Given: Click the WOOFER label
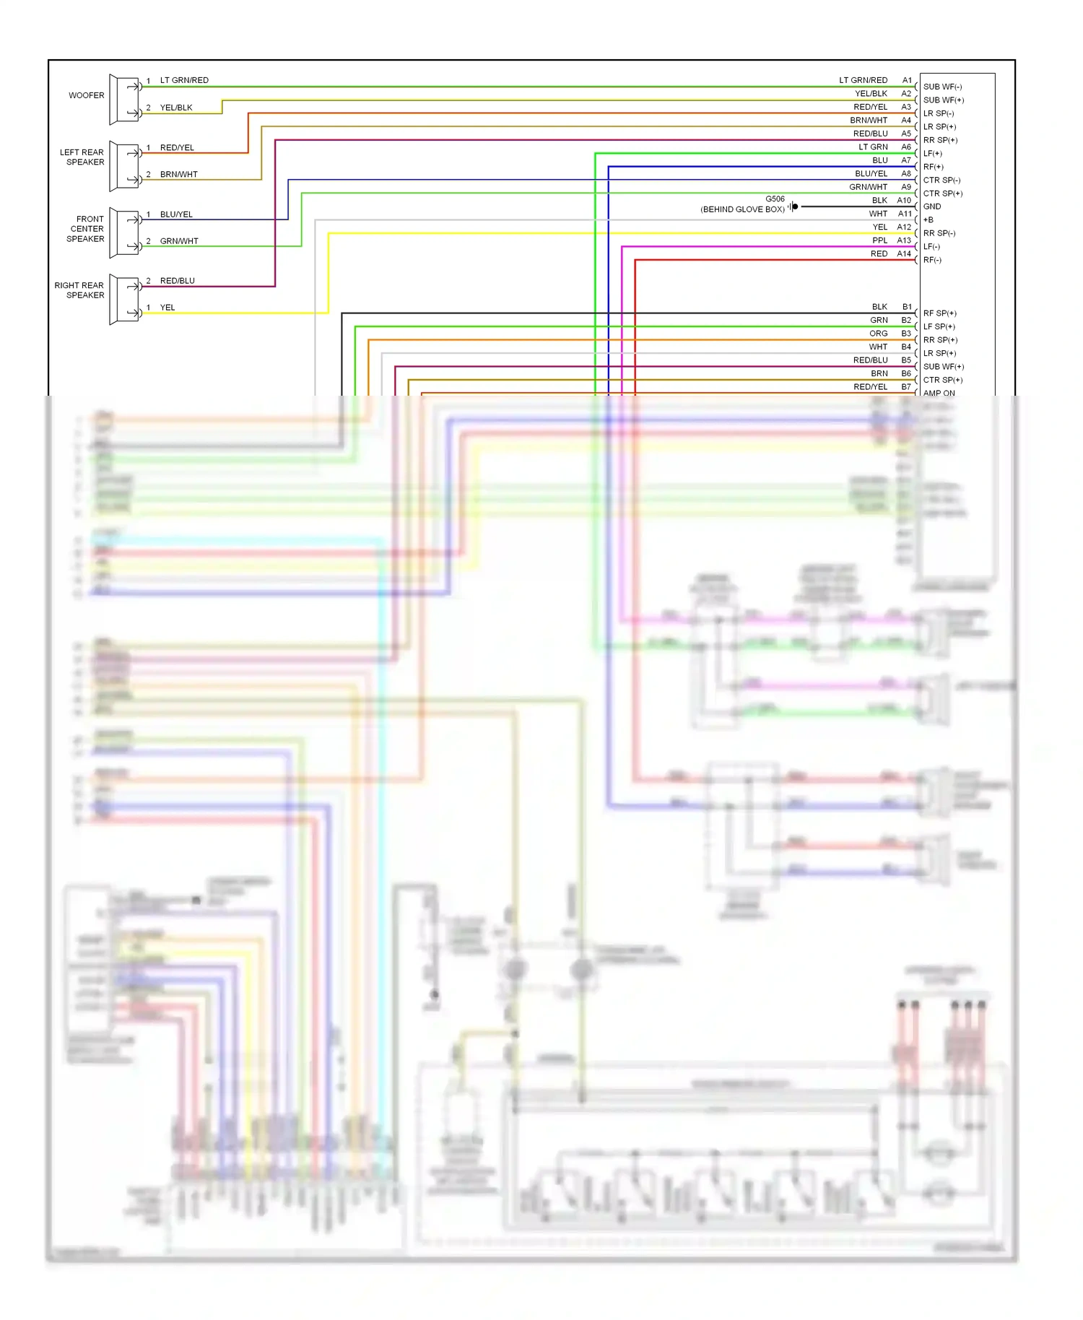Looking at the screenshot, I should (x=86, y=95).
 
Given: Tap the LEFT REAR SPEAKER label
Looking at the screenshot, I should (x=82, y=157).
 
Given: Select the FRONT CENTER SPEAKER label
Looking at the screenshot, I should (x=87, y=229).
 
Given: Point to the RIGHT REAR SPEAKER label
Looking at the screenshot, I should (x=79, y=290).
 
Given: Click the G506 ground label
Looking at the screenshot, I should (x=775, y=199).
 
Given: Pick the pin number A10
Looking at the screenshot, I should (x=904, y=201).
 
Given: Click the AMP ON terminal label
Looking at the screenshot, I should (x=939, y=394).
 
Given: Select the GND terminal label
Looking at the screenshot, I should (x=932, y=207).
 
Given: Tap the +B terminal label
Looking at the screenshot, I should (x=928, y=220).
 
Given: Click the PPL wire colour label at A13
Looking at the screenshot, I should (x=879, y=240).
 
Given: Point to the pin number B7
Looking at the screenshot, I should (x=906, y=387).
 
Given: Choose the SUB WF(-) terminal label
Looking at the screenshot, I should (x=942, y=87).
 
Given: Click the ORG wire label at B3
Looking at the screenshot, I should (x=879, y=334).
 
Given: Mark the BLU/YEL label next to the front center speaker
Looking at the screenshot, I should (x=176, y=214).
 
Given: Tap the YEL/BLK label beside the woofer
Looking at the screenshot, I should (x=176, y=108).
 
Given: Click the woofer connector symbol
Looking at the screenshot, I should (x=124, y=100).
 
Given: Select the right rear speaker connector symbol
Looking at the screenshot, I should (x=124, y=300).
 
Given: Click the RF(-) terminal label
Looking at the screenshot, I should (x=932, y=260).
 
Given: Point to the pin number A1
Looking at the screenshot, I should (x=907, y=80).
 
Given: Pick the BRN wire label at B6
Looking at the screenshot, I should (x=879, y=374).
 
